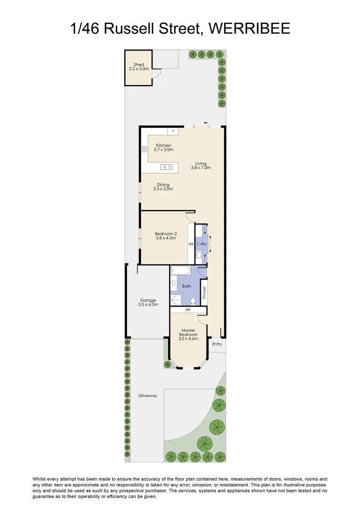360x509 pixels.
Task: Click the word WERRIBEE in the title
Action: pyautogui.click(x=249, y=29)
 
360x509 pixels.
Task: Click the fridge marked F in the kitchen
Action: pyautogui.click(x=173, y=131)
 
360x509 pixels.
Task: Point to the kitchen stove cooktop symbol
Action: pyautogui.click(x=144, y=149)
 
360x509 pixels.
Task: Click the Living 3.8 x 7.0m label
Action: pyautogui.click(x=201, y=165)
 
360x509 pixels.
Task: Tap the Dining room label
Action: pyautogui.click(x=163, y=187)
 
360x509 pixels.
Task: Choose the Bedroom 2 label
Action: pyautogui.click(x=165, y=236)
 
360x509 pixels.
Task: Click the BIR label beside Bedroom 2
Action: pyautogui.click(x=191, y=244)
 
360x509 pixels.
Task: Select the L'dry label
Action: pyautogui.click(x=202, y=244)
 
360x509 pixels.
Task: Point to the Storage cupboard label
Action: pyautogui.click(x=204, y=293)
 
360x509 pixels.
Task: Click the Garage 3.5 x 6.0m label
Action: pyautogui.click(x=147, y=302)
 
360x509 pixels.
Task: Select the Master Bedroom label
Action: pyautogui.click(x=188, y=334)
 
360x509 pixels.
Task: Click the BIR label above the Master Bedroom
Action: pyautogui.click(x=188, y=310)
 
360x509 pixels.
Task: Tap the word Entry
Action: pyautogui.click(x=217, y=344)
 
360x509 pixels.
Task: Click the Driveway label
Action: pyautogui.click(x=147, y=395)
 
